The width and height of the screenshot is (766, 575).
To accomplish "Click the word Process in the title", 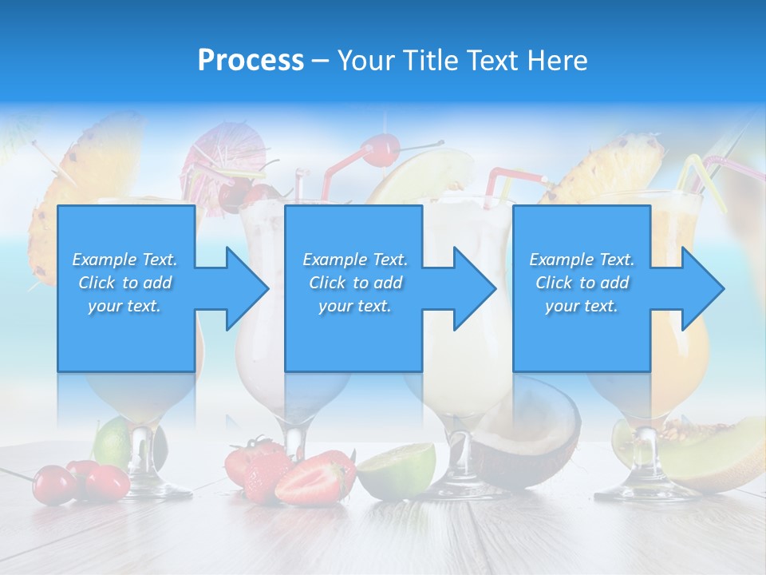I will tap(251, 61).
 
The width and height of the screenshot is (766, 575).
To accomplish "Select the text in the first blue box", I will tap(124, 283).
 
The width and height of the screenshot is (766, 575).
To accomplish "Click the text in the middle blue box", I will tap(354, 283).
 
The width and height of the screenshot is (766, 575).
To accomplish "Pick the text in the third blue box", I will tap(582, 283).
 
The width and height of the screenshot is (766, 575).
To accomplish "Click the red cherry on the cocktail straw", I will tap(381, 149).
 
